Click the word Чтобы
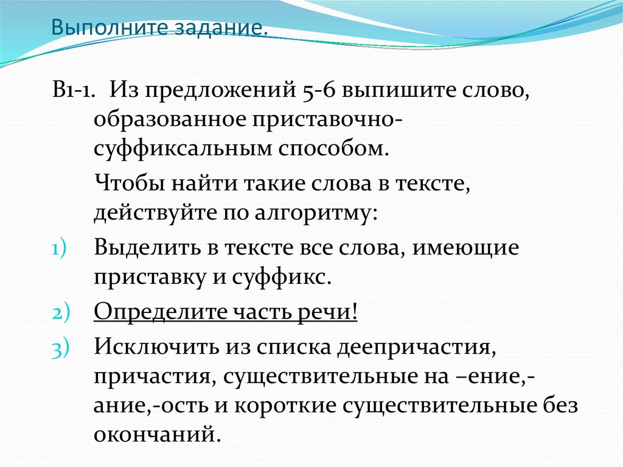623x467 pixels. [x=126, y=183]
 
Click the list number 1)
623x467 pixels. [x=61, y=250]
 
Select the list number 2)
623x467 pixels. [x=61, y=313]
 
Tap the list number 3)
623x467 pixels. [x=61, y=349]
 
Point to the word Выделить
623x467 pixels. [x=143, y=248]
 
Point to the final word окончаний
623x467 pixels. [x=156, y=435]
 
